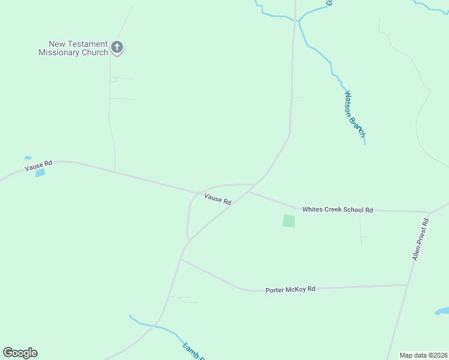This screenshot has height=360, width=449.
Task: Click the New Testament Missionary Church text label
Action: (x=73, y=48)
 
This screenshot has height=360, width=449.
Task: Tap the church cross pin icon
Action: (x=117, y=47)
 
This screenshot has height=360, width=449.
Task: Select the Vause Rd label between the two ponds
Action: (x=38, y=165)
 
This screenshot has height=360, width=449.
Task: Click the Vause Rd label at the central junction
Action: (x=217, y=199)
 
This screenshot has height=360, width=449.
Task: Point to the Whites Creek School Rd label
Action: (x=337, y=209)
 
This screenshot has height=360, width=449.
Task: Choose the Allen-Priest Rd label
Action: (x=422, y=239)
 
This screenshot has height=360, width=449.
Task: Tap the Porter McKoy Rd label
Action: (x=290, y=289)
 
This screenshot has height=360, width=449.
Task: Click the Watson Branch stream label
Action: (x=354, y=114)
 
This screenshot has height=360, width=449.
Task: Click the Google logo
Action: (x=20, y=353)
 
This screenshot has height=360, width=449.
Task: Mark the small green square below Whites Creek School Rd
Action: (x=289, y=221)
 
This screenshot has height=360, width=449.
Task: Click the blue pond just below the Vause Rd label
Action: (x=40, y=173)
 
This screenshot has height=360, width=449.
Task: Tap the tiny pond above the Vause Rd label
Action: (x=28, y=158)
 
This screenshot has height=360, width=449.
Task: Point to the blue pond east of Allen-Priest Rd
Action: (x=442, y=311)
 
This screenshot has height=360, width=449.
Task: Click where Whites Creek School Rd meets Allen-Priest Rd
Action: (x=429, y=212)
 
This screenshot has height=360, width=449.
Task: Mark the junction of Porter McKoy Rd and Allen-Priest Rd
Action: (x=408, y=285)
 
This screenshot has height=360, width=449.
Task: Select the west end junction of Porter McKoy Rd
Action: (x=181, y=259)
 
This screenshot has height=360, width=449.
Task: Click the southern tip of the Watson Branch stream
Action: (x=365, y=143)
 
